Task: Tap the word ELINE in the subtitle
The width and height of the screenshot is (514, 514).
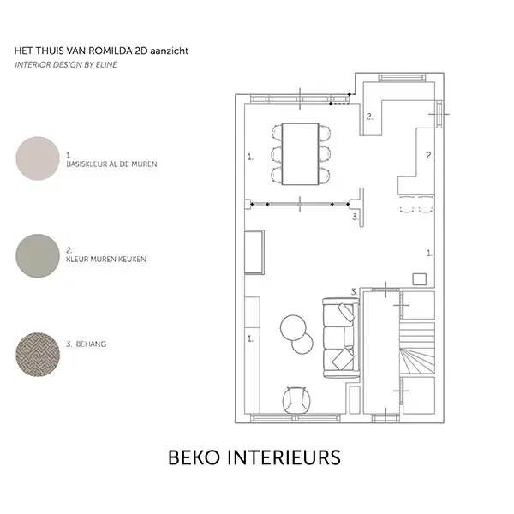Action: tap(106, 64)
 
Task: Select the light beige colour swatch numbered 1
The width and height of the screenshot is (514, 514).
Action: tap(38, 158)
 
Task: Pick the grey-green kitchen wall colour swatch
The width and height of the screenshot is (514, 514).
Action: tap(38, 255)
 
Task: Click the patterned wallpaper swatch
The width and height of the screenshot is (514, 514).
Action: tap(38, 355)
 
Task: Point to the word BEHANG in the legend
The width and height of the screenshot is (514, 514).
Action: tap(91, 344)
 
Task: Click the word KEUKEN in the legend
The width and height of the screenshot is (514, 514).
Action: tap(132, 259)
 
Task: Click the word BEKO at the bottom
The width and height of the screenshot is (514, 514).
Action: tap(194, 457)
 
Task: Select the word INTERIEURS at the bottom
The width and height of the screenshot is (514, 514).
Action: tap(284, 457)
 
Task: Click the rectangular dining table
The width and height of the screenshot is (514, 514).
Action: tap(301, 154)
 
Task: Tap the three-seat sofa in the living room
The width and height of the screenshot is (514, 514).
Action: tap(341, 338)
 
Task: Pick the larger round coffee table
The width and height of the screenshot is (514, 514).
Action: tap(293, 328)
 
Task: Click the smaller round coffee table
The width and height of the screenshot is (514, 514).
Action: tap(302, 344)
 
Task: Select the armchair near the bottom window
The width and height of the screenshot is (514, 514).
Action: tap(296, 400)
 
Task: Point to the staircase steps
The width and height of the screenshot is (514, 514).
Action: tap(417, 348)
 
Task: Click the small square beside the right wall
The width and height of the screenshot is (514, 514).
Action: tap(419, 279)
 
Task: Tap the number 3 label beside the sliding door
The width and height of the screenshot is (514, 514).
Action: tap(356, 217)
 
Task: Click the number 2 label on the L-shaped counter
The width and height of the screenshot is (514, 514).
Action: tap(370, 117)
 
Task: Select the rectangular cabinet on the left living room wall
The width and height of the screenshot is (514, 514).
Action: tap(254, 252)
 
